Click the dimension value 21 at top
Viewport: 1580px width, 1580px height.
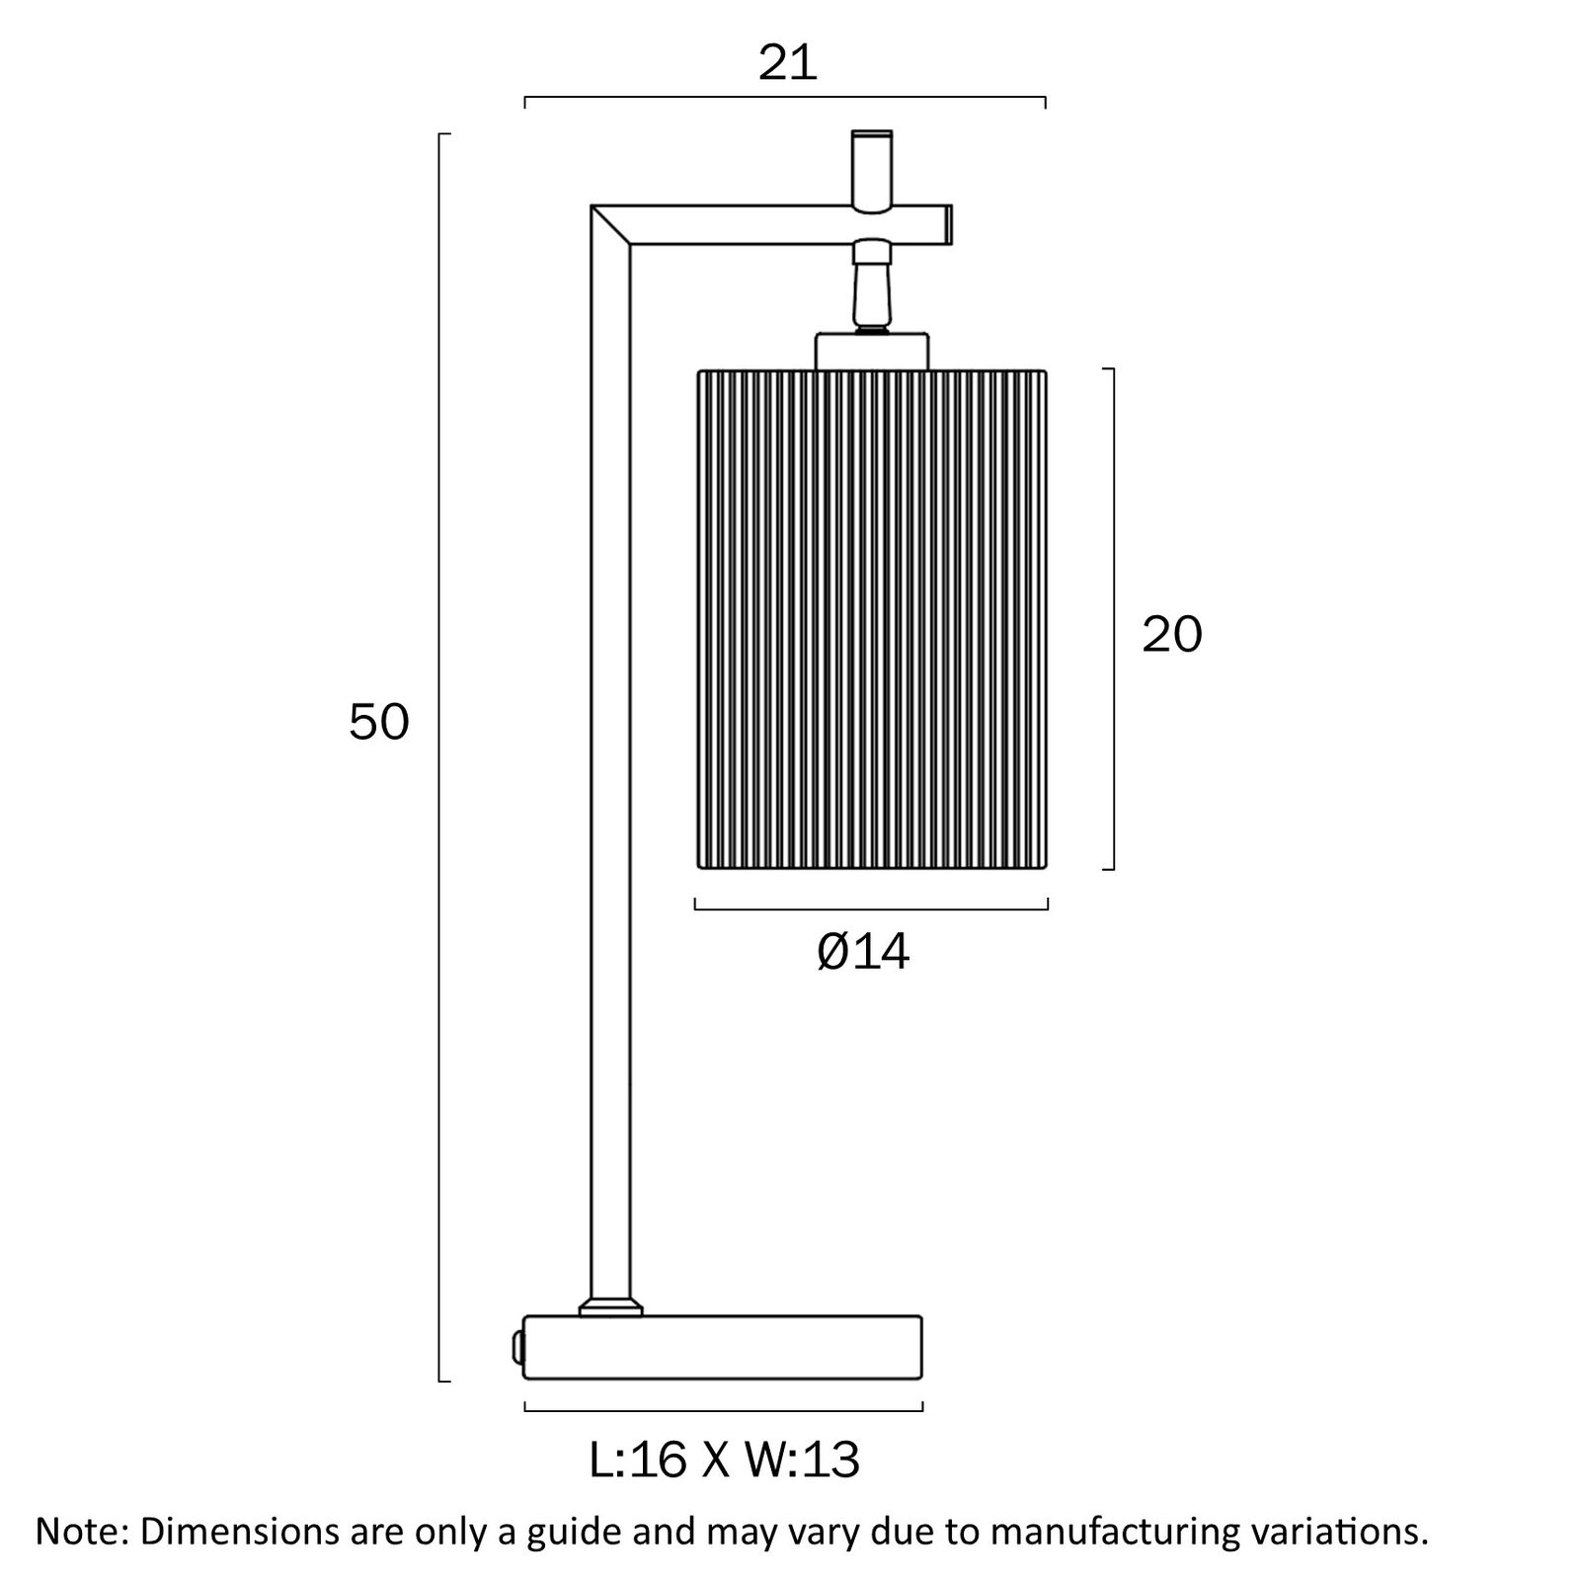click(788, 64)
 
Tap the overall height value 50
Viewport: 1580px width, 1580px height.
click(378, 723)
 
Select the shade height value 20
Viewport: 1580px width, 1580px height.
click(1172, 634)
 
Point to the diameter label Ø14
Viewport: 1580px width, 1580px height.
click(863, 952)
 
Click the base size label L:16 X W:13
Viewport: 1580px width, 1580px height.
click(725, 1460)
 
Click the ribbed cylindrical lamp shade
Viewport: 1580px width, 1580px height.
click(872, 619)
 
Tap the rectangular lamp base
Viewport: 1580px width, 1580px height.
click(723, 1348)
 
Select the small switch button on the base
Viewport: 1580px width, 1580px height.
click(516, 1347)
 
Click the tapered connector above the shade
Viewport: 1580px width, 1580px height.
click(871, 291)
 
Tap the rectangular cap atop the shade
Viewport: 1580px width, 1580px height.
click(872, 352)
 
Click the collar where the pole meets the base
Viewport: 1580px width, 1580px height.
click(610, 1306)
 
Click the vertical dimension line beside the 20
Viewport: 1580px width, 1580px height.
click(1114, 619)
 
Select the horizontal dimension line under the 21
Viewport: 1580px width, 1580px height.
click(785, 98)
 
